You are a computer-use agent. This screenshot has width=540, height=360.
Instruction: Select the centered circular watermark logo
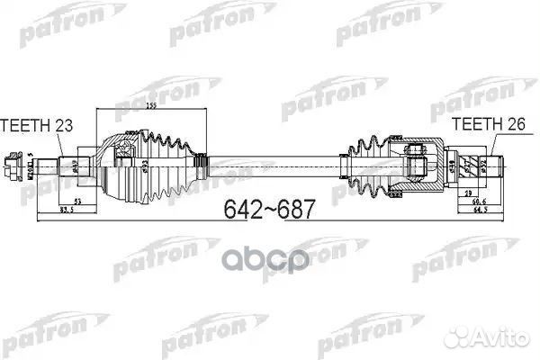pos(271,260)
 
